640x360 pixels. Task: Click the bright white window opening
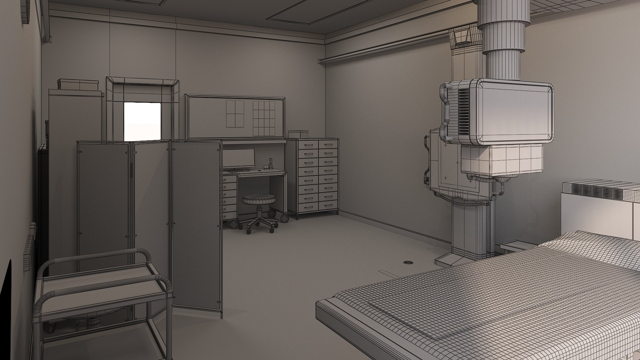click(x=142, y=121)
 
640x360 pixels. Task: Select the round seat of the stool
click(x=259, y=199)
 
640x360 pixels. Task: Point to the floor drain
click(x=408, y=262)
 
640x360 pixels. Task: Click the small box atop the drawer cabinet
click(x=299, y=134)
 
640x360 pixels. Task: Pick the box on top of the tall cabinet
click(x=78, y=84)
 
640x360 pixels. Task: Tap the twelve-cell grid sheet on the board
click(x=264, y=118)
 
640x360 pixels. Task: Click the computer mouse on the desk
click(x=259, y=171)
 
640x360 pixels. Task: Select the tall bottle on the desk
click(x=271, y=163)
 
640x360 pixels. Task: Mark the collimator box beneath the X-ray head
click(x=502, y=160)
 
